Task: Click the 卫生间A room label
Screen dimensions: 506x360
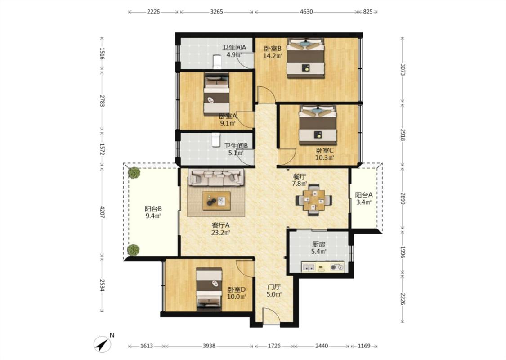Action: [x=234, y=47]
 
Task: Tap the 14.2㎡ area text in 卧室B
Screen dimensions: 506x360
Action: [x=273, y=55]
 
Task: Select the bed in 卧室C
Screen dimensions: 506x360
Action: [x=318, y=125]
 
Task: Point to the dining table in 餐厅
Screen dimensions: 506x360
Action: [x=313, y=200]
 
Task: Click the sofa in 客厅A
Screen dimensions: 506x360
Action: [x=216, y=178]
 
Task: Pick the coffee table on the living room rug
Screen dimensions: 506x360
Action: [x=216, y=201]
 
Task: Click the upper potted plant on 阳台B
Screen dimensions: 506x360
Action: [x=134, y=173]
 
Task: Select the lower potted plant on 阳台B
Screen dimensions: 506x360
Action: [x=133, y=250]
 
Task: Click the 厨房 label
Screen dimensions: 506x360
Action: [x=318, y=244]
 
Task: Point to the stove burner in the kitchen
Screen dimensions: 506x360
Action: [x=337, y=267]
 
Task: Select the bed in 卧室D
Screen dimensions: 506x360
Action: [x=209, y=289]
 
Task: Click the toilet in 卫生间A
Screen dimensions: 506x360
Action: [x=216, y=62]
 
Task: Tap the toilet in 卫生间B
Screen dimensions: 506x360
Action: [x=215, y=140]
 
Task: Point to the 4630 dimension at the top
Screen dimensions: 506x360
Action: [x=306, y=12]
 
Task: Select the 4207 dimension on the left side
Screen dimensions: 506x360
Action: [x=102, y=212]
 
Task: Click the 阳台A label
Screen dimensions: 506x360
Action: [x=364, y=195]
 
